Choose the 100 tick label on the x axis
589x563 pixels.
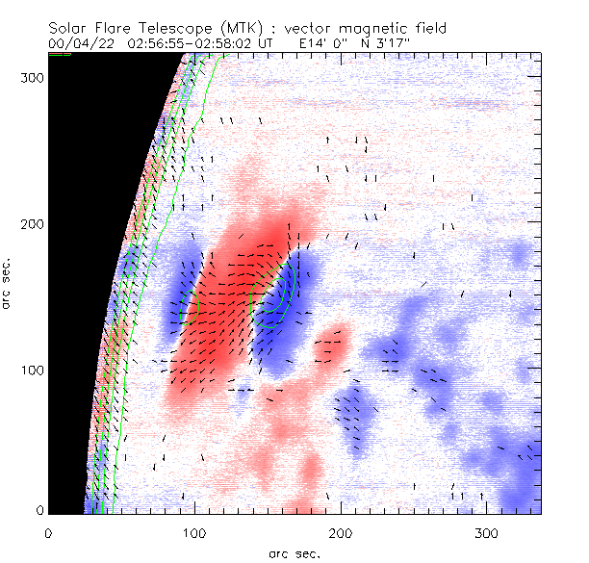pyautogui.click(x=194, y=531)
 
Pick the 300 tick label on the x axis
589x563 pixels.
pyautogui.click(x=486, y=531)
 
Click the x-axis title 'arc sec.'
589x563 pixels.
pyautogui.click(x=294, y=552)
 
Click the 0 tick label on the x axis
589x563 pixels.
pyautogui.click(x=48, y=531)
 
